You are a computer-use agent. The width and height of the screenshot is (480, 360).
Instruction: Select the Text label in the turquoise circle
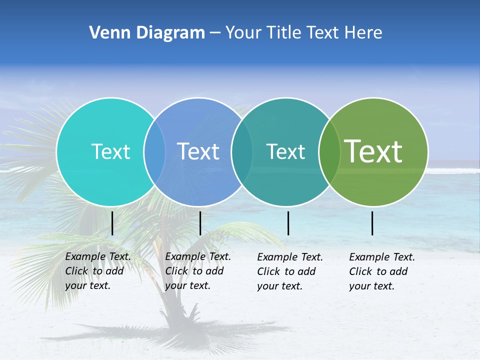110,151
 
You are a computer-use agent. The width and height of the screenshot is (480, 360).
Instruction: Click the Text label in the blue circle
198,151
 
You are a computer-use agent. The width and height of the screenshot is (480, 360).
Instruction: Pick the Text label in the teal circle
285,151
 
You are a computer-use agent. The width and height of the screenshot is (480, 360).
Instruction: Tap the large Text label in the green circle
373,151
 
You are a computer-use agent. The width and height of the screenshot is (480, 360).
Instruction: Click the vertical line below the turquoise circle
112,223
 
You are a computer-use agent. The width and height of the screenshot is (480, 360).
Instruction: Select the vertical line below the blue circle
200,223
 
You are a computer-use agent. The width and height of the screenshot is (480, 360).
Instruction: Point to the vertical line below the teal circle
288,223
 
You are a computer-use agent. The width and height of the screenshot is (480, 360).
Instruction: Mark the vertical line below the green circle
372,223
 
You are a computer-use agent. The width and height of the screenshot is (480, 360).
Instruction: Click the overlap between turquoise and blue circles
154,152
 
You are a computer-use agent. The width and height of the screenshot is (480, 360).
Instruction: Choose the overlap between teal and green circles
329,152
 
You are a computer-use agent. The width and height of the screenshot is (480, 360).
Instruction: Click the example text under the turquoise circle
98,271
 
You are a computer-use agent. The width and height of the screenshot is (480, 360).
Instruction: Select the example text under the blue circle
198,271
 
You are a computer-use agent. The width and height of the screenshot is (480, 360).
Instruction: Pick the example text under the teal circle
290,271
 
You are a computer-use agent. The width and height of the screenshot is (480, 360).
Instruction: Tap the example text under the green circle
382,271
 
